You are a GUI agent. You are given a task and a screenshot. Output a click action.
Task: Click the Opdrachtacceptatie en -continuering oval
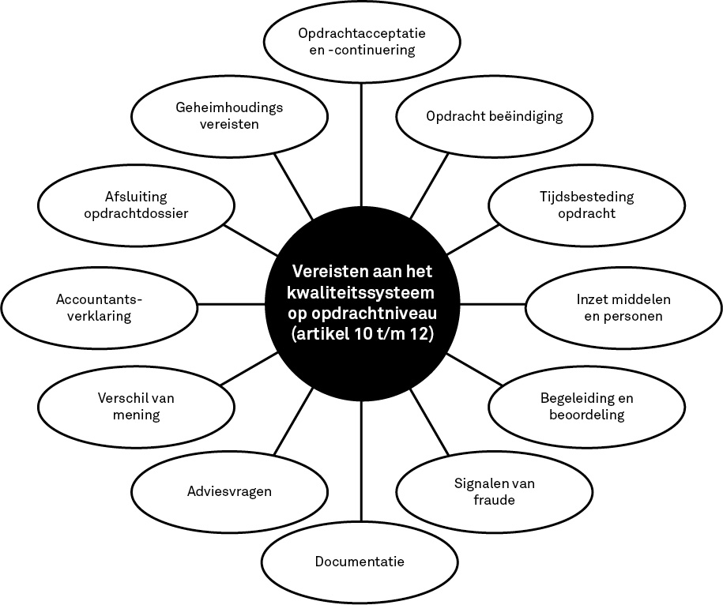tap(362, 42)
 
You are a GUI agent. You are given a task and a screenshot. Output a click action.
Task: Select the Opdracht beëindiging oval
tap(495, 116)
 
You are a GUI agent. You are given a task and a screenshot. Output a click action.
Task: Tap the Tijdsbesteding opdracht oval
tap(587, 205)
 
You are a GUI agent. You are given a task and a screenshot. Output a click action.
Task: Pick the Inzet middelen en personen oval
tap(623, 308)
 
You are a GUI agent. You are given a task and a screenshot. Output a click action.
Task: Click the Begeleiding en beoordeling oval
tap(587, 407)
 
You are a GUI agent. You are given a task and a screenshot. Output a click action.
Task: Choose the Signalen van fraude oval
tap(495, 491)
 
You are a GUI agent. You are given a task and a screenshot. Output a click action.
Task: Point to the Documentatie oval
tap(360, 562)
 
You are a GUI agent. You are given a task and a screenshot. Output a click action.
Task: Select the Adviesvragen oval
tap(230, 491)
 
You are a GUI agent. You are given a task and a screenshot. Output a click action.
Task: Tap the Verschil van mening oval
tap(136, 407)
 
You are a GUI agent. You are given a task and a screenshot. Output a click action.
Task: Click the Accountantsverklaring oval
tap(99, 308)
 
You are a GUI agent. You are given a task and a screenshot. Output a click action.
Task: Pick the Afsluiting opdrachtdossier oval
tap(136, 205)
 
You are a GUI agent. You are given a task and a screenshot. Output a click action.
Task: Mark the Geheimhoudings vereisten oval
tap(230, 116)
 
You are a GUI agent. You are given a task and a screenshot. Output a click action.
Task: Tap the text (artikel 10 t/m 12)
tap(363, 335)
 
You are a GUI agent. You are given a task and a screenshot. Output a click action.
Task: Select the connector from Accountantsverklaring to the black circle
tap(232, 304)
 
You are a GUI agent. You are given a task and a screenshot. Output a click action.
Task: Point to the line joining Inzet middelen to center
tap(492, 304)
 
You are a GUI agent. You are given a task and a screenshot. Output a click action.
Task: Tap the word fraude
tap(495, 500)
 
